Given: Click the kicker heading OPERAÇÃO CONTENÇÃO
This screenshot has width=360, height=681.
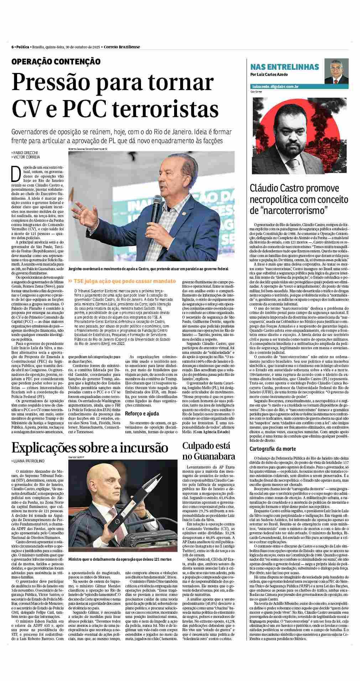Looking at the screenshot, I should [56, 62].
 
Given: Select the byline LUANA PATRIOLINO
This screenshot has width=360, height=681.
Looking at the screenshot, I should [29, 461].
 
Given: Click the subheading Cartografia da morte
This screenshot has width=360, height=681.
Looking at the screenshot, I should [272, 449].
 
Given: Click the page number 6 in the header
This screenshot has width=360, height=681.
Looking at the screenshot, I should [12, 47].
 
